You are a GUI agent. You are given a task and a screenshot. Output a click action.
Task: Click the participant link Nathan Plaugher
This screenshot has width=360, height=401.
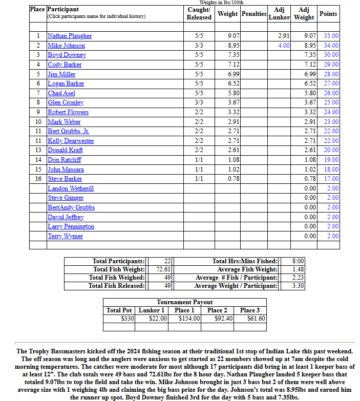(70, 36)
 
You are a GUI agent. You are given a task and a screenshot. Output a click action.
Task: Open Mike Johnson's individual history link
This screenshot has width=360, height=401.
(66, 46)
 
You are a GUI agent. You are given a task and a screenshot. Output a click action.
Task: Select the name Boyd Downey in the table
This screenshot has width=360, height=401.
(67, 55)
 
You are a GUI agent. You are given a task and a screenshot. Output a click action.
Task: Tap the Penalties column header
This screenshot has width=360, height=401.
(253, 14)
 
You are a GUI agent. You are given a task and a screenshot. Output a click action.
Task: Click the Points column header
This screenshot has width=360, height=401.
(328, 14)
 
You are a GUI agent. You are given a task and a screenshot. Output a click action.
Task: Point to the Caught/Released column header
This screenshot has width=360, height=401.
(199, 14)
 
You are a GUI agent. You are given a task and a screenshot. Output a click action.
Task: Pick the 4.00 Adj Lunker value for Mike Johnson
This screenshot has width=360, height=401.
(284, 46)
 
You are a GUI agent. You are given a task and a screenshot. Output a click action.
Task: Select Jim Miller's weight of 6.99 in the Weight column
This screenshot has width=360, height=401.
(234, 74)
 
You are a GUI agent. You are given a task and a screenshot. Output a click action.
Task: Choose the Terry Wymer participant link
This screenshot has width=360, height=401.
(66, 236)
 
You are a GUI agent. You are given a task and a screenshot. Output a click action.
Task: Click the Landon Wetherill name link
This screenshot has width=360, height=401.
(71, 188)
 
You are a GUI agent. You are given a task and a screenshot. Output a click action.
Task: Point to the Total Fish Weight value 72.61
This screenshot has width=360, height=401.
(163, 269)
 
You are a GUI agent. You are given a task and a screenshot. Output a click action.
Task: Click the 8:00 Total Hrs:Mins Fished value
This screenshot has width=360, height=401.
(298, 261)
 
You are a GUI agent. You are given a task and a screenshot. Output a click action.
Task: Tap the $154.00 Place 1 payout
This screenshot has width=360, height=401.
(189, 319)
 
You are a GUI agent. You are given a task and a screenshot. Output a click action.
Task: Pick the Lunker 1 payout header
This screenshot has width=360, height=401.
(152, 310)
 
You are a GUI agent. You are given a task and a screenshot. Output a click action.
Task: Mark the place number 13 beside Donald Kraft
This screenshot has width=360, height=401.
(38, 150)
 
